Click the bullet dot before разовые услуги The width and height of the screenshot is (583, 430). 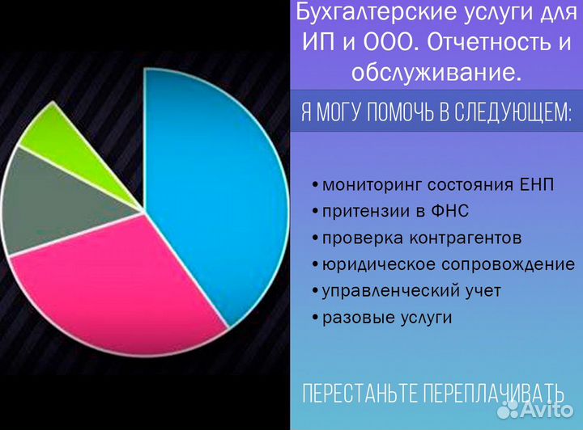tap(314, 318)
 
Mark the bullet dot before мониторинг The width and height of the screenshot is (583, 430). tap(314, 185)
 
